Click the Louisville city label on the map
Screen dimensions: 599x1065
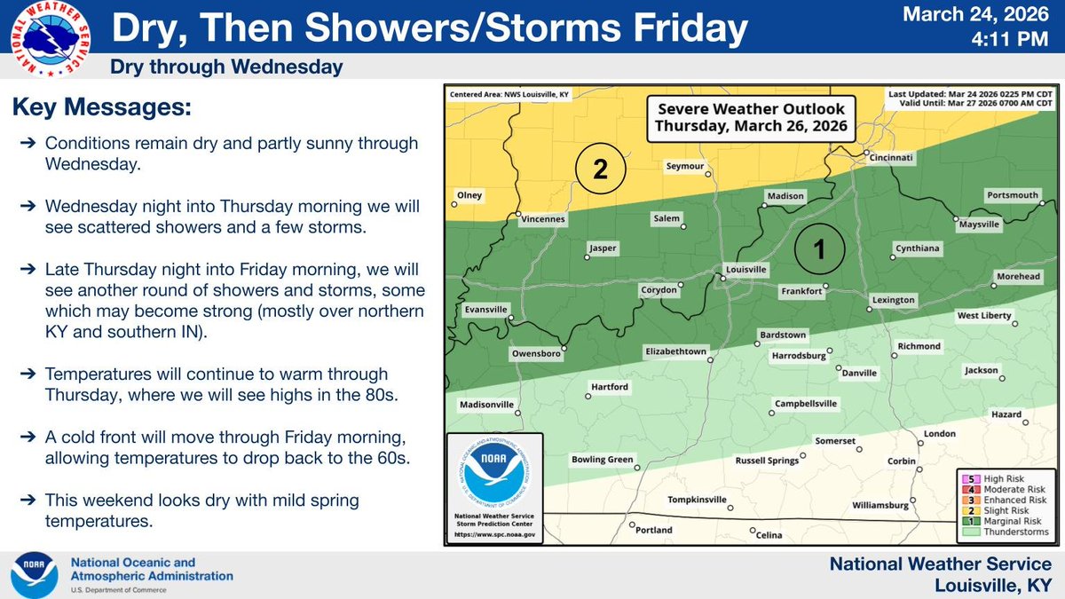pos(745,269)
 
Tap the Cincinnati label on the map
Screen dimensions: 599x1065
pos(890,159)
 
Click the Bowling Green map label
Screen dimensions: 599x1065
pos(602,460)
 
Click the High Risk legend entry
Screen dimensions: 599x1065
pos(997,478)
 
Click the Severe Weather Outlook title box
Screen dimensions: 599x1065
pos(750,117)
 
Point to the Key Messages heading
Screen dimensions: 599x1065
pos(101,109)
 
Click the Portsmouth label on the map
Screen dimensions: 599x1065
pos(1012,195)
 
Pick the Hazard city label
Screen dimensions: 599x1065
pos(1006,414)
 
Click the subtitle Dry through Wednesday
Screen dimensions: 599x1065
pos(225,67)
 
